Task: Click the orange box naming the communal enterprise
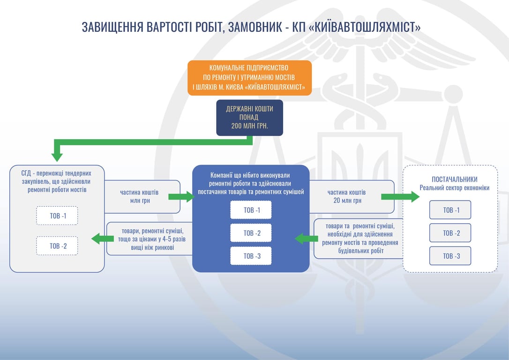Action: pos(250,78)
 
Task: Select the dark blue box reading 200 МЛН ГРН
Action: pos(250,118)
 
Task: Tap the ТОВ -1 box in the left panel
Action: pos(57,216)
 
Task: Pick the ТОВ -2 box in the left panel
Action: pos(57,246)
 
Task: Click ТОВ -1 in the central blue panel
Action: pos(251,210)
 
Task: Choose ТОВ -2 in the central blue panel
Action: pos(251,233)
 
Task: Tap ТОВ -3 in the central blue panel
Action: pos(251,256)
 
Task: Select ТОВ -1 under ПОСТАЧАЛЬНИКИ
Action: pos(450,210)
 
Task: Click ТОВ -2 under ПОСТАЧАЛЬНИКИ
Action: pos(450,233)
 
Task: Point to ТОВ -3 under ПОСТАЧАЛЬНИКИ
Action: pos(450,256)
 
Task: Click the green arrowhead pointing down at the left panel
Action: pos(57,157)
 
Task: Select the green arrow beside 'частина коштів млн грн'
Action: pos(181,196)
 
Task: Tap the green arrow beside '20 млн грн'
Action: pos(400,196)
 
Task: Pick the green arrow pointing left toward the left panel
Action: pos(103,239)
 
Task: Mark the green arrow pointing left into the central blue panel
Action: pos(306,239)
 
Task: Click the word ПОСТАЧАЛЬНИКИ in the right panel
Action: pos(455,179)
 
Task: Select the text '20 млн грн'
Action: pos(347,201)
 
